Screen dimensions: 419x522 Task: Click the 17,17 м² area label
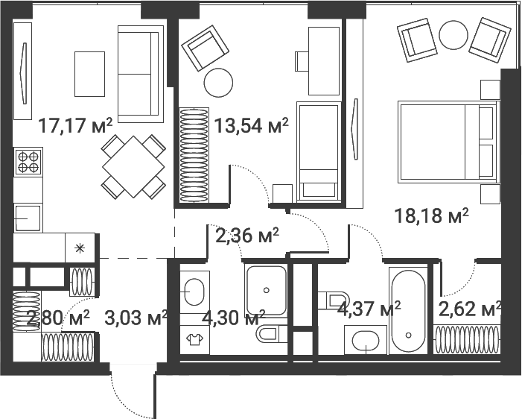pos(75,126)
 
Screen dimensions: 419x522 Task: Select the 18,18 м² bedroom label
pos(431,216)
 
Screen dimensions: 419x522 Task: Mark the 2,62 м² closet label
pos(469,309)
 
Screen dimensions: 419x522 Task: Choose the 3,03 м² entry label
pos(136,318)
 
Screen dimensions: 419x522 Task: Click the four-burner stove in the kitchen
pos(28,162)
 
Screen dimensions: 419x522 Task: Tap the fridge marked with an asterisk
pos(80,247)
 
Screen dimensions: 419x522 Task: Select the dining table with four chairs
pos(133,166)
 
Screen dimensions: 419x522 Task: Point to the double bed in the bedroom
pos(447,142)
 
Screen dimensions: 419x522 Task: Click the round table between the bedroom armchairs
pos(452,34)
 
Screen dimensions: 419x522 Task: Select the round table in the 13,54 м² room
pos(218,83)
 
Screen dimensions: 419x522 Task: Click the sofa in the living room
pos(140,73)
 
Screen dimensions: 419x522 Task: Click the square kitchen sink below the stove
pos(28,217)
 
